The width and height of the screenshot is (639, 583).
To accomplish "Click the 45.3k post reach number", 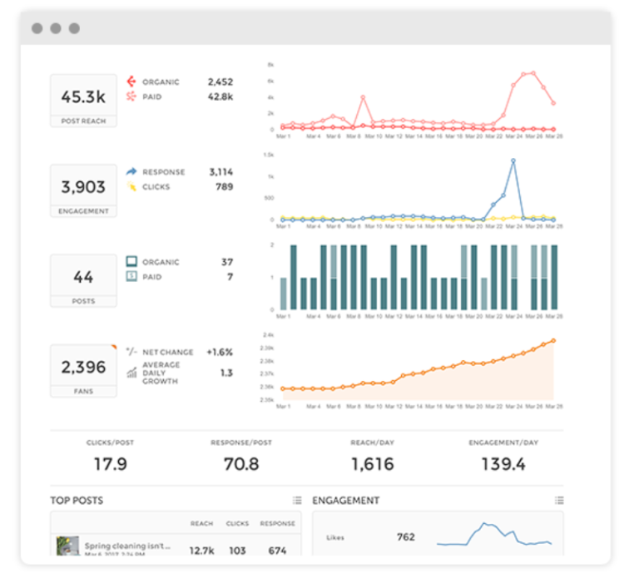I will click(x=83, y=97).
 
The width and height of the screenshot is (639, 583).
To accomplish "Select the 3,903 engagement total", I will click(x=83, y=187).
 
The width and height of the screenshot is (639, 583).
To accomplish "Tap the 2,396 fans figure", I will click(x=83, y=367).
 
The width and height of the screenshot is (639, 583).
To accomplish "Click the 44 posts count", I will click(x=83, y=277).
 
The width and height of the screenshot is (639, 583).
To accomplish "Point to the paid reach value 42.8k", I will click(x=220, y=96).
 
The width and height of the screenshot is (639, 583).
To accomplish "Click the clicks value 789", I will click(x=224, y=186).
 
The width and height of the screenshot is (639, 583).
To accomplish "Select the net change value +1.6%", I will click(x=220, y=352).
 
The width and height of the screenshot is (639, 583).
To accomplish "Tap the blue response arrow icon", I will click(x=131, y=172).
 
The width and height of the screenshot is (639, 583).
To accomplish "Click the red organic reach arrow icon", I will click(x=131, y=82).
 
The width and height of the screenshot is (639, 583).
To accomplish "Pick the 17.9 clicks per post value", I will click(x=110, y=464).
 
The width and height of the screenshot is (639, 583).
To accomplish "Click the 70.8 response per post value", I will click(x=241, y=464).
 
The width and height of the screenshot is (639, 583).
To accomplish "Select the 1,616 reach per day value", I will click(x=372, y=464).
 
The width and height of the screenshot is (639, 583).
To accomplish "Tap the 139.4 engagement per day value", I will click(x=503, y=464).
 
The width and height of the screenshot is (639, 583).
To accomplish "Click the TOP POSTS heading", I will click(x=77, y=501).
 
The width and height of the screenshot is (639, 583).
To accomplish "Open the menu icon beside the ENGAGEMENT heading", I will click(x=559, y=501).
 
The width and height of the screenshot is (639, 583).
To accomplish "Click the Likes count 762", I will click(x=405, y=537).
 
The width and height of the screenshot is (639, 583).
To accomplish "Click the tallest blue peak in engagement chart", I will click(x=513, y=161).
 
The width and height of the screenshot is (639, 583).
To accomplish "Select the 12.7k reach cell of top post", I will click(x=202, y=550).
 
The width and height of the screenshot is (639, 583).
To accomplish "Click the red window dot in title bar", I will click(x=37, y=28).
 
